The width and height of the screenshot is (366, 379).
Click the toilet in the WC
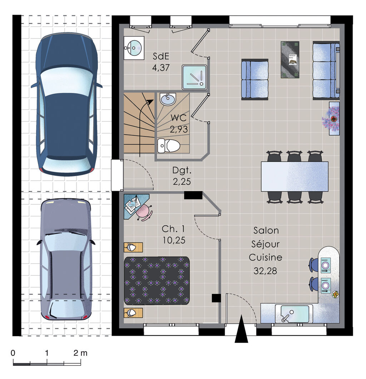[x=169, y=145]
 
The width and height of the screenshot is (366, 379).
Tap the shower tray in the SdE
[x=194, y=77]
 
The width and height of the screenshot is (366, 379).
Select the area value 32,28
[x=265, y=271]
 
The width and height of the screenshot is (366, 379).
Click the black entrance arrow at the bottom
[x=241, y=330]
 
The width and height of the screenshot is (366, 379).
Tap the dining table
[x=294, y=176]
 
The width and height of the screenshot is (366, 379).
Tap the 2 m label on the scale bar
[x=80, y=353]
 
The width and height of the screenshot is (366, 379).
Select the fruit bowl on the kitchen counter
[x=335, y=294]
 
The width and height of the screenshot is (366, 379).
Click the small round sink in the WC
[x=167, y=99]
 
